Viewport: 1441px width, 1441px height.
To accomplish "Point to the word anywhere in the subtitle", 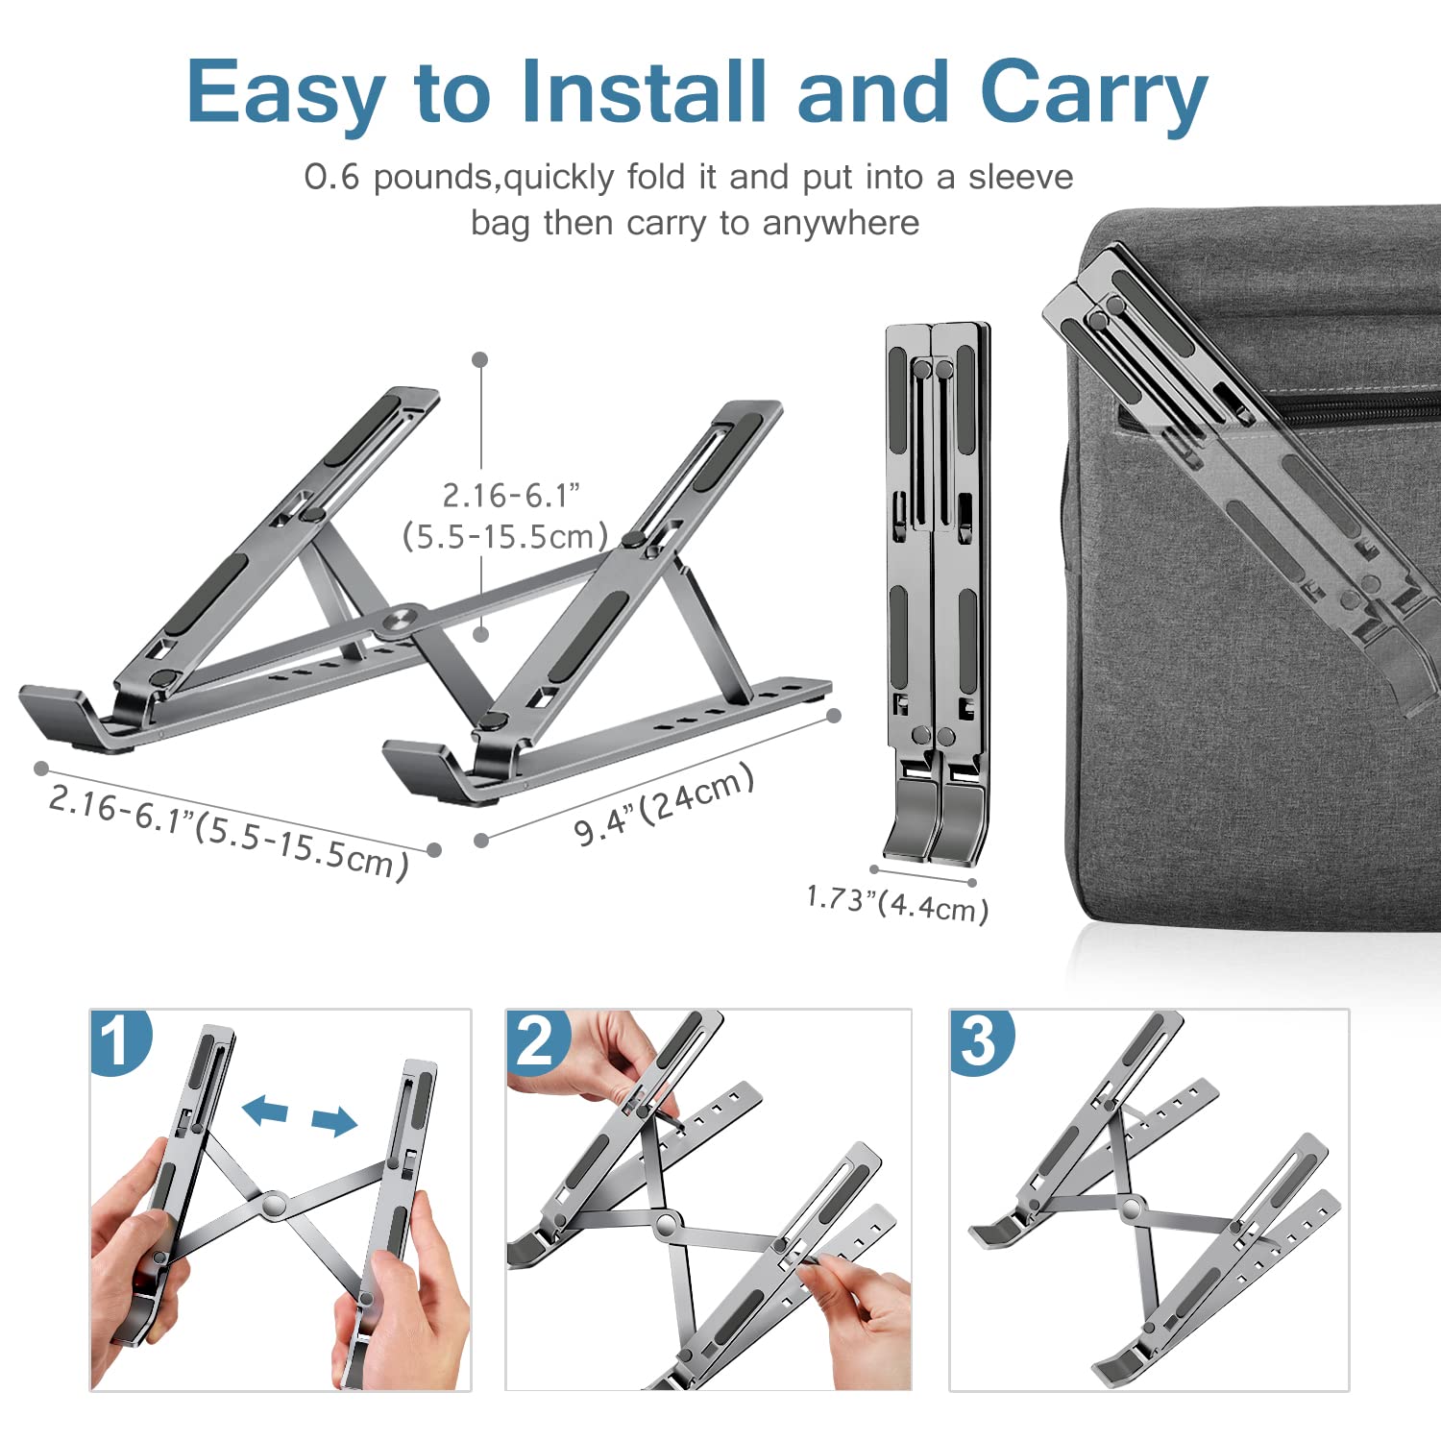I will [x=841, y=223].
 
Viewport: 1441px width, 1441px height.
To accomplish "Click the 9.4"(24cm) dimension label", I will [x=664, y=805].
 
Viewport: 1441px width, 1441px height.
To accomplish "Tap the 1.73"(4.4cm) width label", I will [x=897, y=903].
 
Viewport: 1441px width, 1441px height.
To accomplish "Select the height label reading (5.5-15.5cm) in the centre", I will [x=505, y=536].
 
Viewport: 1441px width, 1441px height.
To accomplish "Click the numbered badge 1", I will [x=119, y=1040].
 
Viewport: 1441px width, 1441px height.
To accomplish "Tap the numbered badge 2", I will [x=536, y=1040].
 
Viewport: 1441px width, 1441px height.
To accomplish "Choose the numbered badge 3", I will [x=980, y=1040].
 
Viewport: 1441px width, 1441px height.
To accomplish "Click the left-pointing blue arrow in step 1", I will [x=265, y=1111].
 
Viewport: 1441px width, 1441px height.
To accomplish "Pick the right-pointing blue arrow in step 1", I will [x=333, y=1120].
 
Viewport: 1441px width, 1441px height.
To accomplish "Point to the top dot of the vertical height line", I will [x=480, y=359].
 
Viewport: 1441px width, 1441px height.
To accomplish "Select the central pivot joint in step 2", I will [x=665, y=1225].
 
